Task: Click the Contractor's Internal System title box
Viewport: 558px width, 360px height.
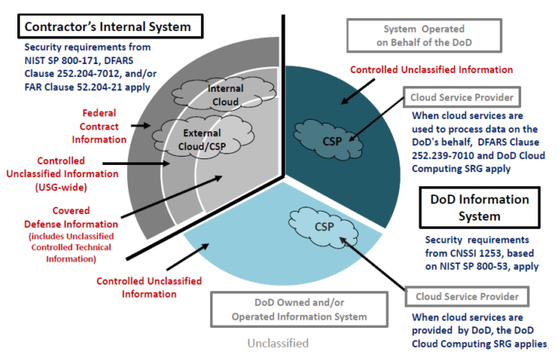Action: tap(107, 26)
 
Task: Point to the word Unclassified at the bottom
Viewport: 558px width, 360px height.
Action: tap(280, 343)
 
